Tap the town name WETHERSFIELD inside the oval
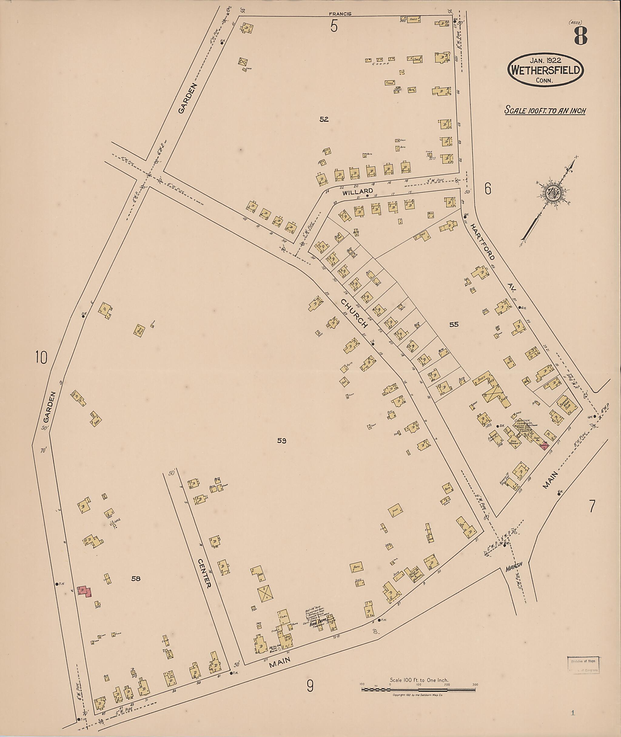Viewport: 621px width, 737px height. [x=545, y=70]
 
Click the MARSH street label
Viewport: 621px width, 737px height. [x=514, y=567]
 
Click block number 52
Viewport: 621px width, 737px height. [x=324, y=120]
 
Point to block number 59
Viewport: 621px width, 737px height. [x=282, y=440]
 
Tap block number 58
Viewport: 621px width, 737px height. [x=136, y=579]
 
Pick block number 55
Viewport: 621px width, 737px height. [x=454, y=324]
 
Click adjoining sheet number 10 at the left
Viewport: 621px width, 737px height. [x=41, y=358]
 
